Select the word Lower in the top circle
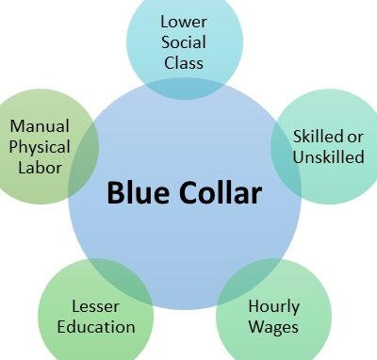(x=184, y=21)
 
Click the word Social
(x=184, y=42)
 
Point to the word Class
(x=184, y=64)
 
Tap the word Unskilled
(x=329, y=156)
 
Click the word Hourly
(x=273, y=306)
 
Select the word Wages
(x=273, y=327)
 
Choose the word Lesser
(x=95, y=306)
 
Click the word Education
(x=95, y=327)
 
